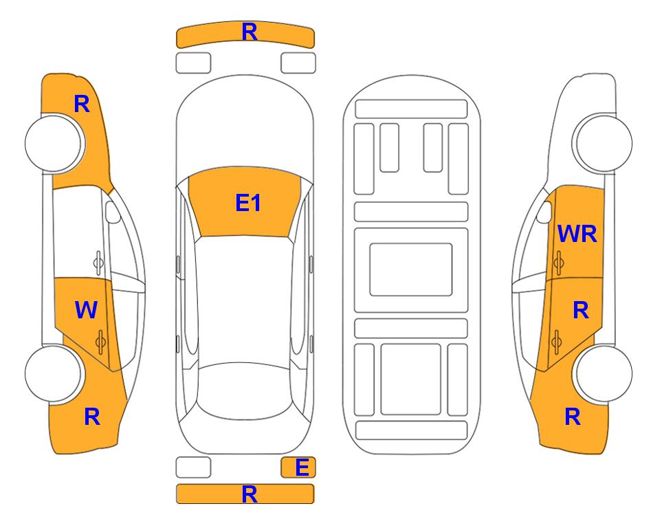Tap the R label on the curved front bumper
click(250, 32)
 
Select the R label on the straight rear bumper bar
click(250, 494)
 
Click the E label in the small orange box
click(302, 467)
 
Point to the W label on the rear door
click(86, 309)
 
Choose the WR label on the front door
click(577, 234)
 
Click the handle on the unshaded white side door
click(98, 263)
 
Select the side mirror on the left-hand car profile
click(112, 212)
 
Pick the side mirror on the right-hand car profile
click(544, 212)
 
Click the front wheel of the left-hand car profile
click(54, 143)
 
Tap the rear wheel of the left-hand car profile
click(54, 373)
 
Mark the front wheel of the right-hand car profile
click(602, 143)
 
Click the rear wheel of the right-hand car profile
click(602, 373)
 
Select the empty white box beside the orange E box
click(193, 467)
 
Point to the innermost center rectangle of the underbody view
click(411, 269)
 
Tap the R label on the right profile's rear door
click(580, 310)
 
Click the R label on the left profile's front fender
click(82, 104)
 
